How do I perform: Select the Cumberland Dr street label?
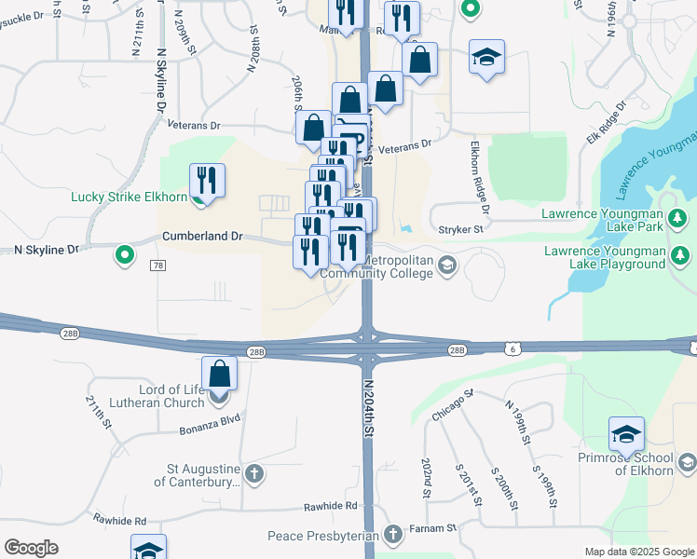[x=201, y=237]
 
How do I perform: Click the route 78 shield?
[x=157, y=266]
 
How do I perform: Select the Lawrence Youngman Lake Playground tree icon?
[x=681, y=255]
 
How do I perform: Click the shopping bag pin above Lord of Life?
[x=219, y=375]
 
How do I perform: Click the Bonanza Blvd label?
[x=210, y=431]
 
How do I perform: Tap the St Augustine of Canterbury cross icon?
[x=253, y=474]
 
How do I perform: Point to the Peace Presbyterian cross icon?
[x=393, y=535]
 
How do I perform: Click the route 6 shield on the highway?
[x=513, y=348]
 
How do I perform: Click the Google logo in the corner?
[x=32, y=548]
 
